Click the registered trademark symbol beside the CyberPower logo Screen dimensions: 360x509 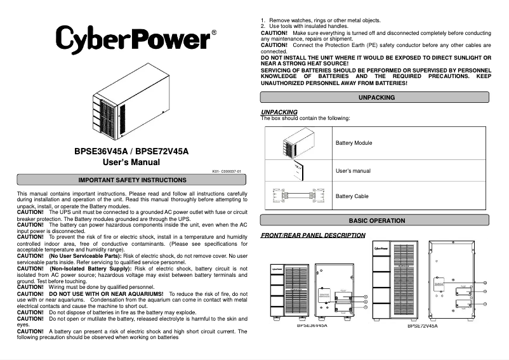pos(214,32)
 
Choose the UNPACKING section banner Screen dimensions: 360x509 pos(376,98)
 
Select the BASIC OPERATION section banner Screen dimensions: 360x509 pos(376,221)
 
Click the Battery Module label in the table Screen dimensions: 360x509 pos(354,143)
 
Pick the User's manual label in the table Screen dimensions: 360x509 pos(353,171)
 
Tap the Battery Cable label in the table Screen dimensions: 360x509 pos(352,197)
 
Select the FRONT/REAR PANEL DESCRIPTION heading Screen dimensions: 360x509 pos(313,236)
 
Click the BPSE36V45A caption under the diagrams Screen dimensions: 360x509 pos(312,325)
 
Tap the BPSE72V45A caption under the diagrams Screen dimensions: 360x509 pos(422,325)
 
